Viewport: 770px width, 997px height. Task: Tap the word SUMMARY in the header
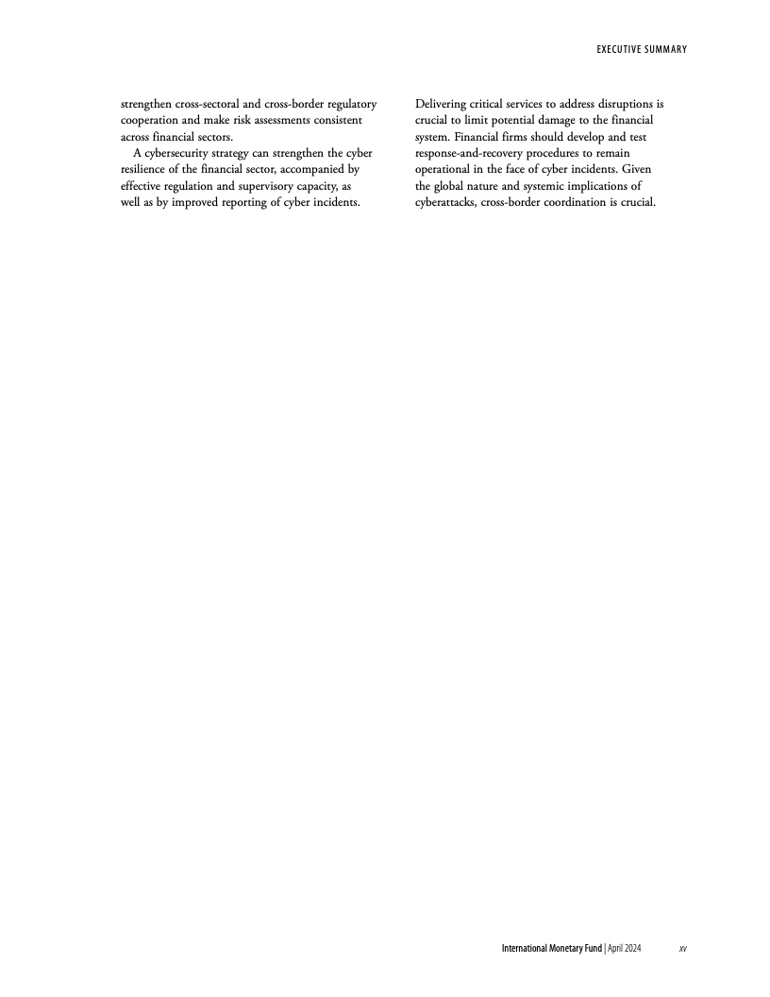[662, 49]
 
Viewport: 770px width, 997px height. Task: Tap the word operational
[446, 170]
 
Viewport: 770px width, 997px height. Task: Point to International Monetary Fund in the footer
[551, 948]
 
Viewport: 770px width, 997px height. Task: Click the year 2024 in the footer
[632, 948]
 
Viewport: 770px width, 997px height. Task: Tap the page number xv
[682, 948]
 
